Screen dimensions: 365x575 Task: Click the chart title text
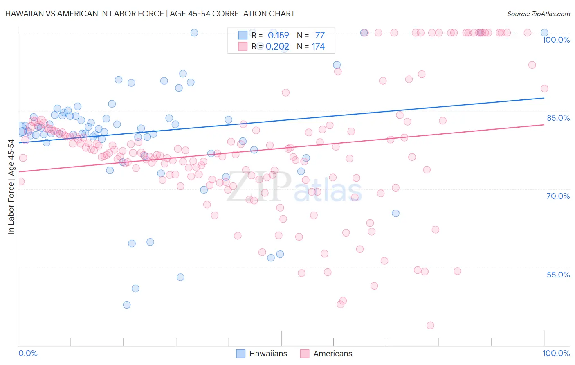point(150,14)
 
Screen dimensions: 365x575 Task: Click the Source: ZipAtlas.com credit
point(538,14)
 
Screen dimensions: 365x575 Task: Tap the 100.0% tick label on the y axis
point(556,40)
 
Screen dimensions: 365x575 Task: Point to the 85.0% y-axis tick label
point(558,118)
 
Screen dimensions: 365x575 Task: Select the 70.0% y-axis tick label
point(558,196)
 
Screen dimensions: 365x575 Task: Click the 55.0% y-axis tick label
point(558,274)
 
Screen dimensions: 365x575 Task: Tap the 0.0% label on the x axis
point(28,353)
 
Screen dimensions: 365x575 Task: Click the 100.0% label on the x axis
point(556,353)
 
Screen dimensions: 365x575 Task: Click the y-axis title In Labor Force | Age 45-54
point(11,187)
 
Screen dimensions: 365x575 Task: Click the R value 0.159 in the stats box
point(278,36)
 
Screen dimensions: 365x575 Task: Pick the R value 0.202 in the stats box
point(277,47)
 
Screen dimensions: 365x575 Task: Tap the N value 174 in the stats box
point(318,47)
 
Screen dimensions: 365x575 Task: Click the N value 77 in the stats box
point(320,36)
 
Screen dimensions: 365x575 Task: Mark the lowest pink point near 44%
point(430,325)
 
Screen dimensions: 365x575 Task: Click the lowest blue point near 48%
point(127,305)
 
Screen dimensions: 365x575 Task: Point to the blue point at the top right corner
point(544,33)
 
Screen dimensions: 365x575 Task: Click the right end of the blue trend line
point(544,98)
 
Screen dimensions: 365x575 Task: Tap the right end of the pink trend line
point(544,124)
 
